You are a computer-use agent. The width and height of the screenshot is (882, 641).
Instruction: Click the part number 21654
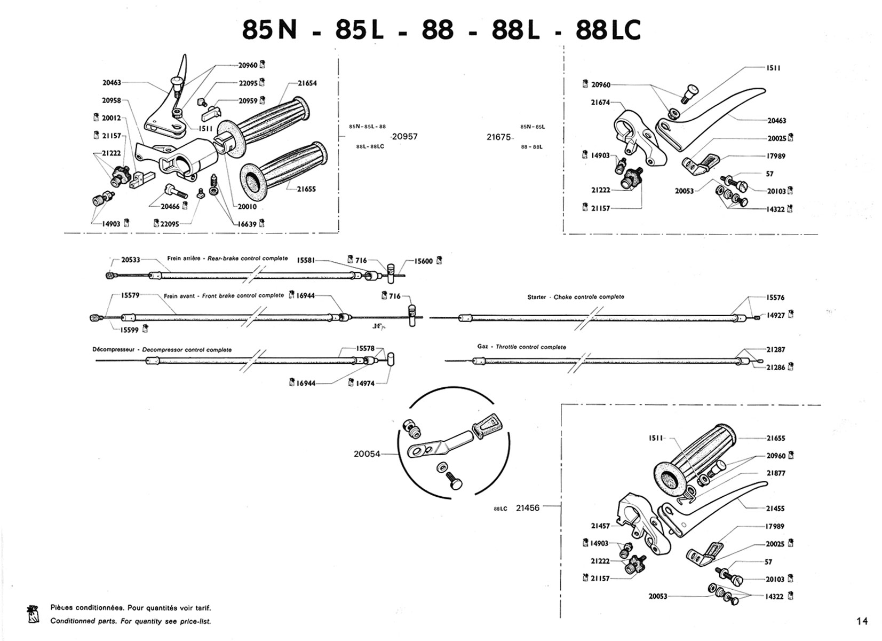click(x=307, y=83)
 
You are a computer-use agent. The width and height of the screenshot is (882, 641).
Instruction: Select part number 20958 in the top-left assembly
click(x=112, y=100)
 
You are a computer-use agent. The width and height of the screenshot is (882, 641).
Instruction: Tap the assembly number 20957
click(x=404, y=137)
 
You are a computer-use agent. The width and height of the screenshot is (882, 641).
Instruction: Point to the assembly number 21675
click(x=498, y=137)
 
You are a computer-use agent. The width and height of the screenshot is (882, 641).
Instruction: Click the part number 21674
click(x=600, y=103)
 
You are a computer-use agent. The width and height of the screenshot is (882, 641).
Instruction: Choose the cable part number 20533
click(x=131, y=260)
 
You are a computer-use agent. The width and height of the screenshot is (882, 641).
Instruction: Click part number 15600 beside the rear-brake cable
click(x=424, y=261)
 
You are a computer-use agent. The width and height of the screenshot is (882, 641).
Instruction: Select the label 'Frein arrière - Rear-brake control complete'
click(x=227, y=259)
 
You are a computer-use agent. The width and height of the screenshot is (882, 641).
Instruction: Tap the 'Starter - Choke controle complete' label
click(x=575, y=297)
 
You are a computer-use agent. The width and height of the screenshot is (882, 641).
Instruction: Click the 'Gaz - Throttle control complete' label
click(x=521, y=347)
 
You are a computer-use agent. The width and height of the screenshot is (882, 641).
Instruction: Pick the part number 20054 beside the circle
click(x=367, y=454)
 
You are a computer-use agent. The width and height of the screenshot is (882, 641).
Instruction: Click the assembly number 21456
click(x=528, y=508)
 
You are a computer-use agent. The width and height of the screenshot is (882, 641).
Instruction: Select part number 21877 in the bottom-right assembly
click(x=776, y=473)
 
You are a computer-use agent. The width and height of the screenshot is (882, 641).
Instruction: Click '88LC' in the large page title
click(x=608, y=30)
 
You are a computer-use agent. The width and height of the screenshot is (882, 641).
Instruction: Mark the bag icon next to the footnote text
click(x=33, y=614)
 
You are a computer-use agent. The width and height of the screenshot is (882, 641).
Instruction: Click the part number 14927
click(x=776, y=315)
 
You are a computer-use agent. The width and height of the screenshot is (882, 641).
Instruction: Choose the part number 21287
click(x=776, y=349)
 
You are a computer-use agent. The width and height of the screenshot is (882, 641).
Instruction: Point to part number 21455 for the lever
click(x=776, y=509)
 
